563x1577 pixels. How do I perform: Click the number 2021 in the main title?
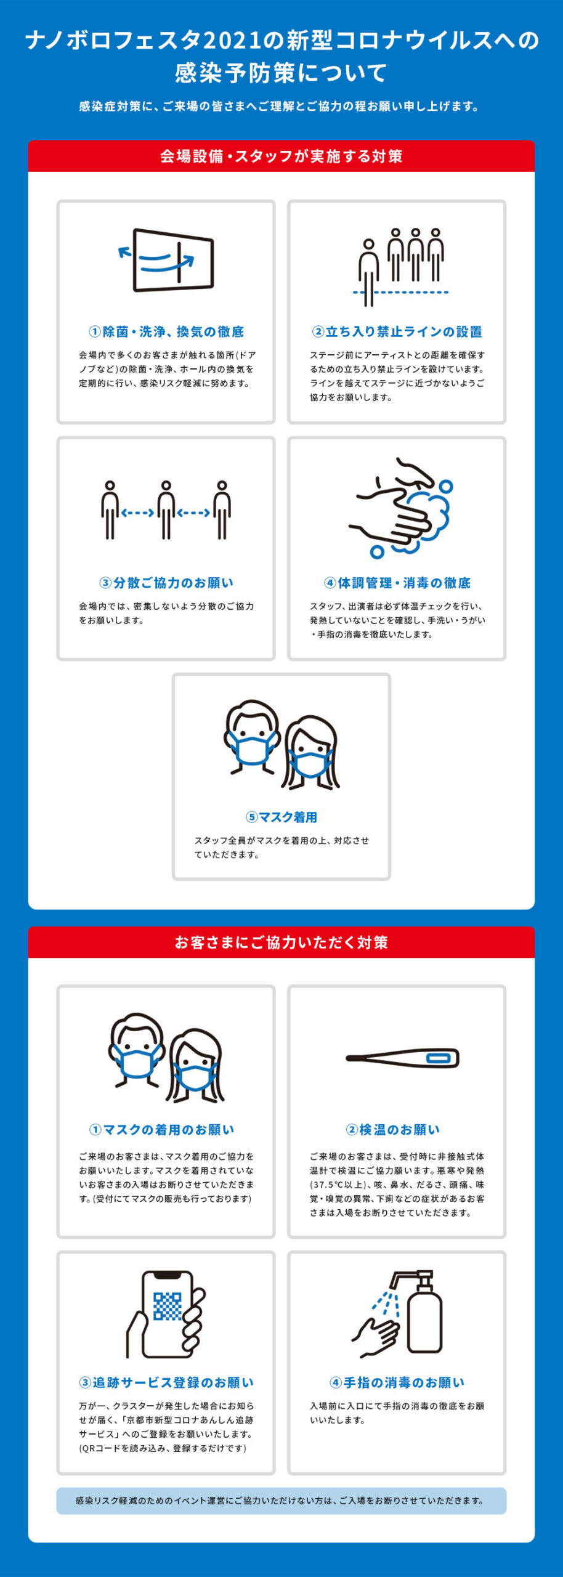(231, 41)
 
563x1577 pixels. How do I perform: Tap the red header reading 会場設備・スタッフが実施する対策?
(281, 156)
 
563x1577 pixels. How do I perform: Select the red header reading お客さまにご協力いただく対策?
(281, 942)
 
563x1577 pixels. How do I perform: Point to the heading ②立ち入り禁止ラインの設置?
(397, 331)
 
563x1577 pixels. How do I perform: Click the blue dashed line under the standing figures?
(400, 292)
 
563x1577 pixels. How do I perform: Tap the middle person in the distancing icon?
(166, 510)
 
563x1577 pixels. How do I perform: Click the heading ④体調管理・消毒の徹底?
(397, 583)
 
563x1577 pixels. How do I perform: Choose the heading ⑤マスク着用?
(281, 817)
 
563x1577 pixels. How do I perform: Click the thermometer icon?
(403, 1058)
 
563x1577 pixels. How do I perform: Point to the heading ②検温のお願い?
(393, 1130)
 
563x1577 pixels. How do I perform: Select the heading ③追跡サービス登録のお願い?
(166, 1382)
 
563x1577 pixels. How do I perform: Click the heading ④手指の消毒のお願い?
(397, 1382)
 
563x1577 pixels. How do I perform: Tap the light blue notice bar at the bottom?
(281, 1501)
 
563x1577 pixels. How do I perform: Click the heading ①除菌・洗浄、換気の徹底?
(166, 331)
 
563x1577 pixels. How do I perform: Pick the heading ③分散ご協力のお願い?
(166, 583)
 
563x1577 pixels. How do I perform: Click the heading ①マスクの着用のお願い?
(162, 1130)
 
